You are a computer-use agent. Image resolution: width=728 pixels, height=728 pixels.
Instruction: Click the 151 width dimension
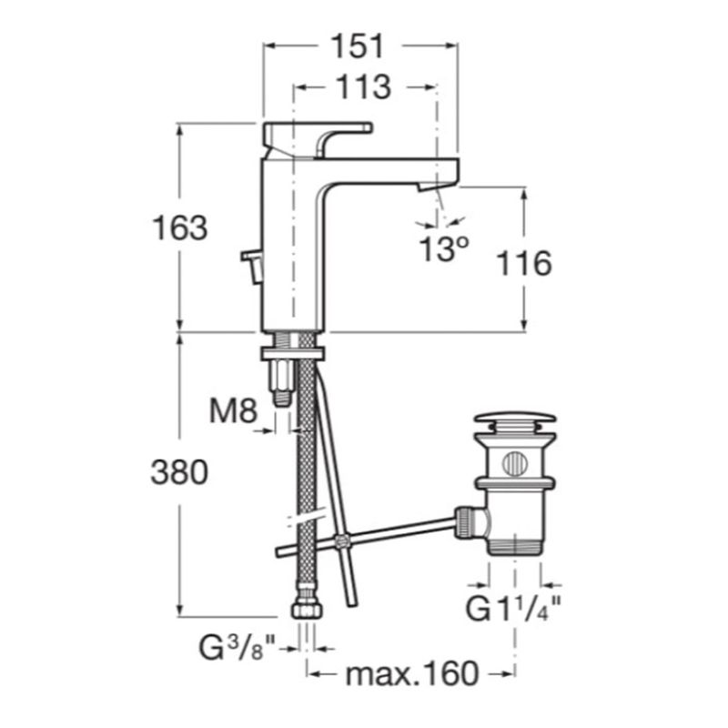coord(357,46)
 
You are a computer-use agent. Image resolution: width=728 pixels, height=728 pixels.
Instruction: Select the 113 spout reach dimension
coord(363,87)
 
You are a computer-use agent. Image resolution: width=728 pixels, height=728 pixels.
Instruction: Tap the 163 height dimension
coord(180,228)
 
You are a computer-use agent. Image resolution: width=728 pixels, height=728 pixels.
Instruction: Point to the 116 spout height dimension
coord(524,263)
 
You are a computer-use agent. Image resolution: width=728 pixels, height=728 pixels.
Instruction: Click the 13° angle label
coord(444,248)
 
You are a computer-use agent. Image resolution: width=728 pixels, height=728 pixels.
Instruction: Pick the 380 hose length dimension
coord(179,472)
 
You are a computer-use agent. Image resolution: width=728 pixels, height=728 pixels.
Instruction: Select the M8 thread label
coord(233,411)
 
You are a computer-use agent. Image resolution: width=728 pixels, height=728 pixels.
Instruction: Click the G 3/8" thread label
coord(238,648)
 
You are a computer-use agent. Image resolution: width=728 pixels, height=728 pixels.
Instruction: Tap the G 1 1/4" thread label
coord(513,609)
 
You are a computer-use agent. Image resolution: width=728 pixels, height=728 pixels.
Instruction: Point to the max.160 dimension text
coord(412,673)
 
